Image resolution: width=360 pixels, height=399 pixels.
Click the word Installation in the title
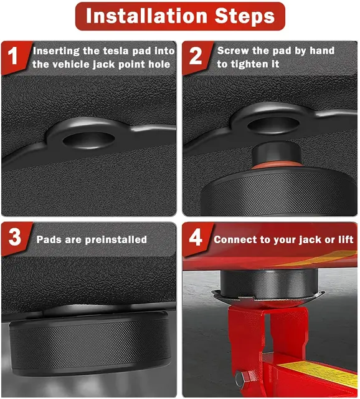click(x=147, y=16)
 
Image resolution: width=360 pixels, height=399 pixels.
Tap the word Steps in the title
click(x=245, y=16)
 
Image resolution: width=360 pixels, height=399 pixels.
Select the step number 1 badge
click(x=12, y=56)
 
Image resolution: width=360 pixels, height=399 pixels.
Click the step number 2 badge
click(x=196, y=56)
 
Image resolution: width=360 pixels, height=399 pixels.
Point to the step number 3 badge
click(x=14, y=237)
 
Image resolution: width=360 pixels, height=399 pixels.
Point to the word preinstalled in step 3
click(x=116, y=239)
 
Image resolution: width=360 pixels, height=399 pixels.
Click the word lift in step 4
click(x=346, y=239)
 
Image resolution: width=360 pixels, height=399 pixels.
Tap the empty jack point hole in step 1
click(x=88, y=140)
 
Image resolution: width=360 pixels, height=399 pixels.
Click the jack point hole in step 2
click(x=273, y=125)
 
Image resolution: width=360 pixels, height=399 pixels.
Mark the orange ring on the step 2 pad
click(x=277, y=166)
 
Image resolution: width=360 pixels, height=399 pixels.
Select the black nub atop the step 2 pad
click(x=276, y=152)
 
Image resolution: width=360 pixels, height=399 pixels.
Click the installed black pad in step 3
click(x=89, y=344)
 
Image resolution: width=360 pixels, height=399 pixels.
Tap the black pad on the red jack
click(x=269, y=283)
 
